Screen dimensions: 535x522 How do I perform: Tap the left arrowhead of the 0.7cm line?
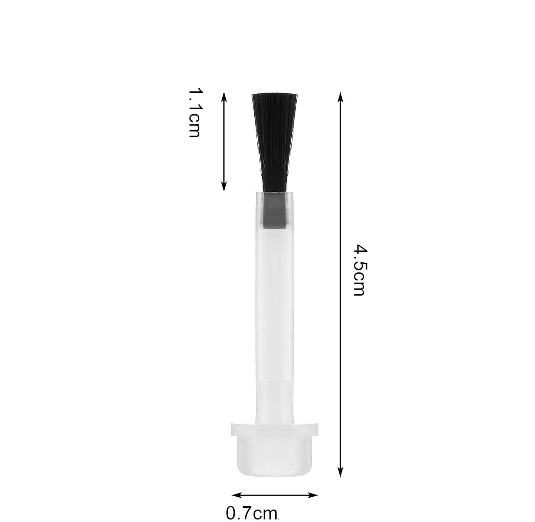pyautogui.click(x=237, y=495)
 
